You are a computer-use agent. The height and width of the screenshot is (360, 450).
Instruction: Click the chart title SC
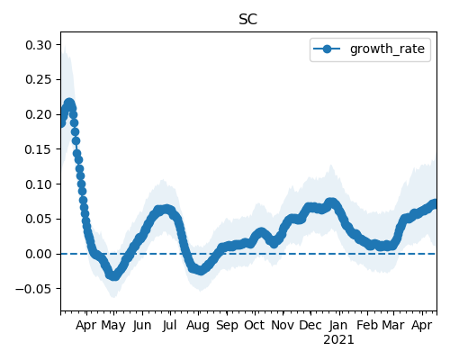248,20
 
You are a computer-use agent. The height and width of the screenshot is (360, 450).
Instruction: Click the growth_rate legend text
387,49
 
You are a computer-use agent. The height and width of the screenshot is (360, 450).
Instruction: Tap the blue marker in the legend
327,49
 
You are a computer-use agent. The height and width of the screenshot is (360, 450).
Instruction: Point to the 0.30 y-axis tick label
39,45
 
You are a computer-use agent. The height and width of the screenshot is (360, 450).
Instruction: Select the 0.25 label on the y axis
39,80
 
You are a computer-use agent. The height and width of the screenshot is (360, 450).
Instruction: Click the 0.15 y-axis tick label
39,149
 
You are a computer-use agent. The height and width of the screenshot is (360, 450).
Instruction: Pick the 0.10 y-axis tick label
39,184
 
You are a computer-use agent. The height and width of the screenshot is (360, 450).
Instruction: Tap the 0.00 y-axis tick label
39,254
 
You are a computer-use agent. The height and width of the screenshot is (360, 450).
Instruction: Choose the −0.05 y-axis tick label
33,289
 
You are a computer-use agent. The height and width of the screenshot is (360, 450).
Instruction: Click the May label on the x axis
113,326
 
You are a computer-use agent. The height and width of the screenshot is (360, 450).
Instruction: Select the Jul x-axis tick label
169,325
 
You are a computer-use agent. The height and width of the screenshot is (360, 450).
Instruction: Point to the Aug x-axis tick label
198,326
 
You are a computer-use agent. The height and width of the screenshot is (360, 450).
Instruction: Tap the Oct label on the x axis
255,325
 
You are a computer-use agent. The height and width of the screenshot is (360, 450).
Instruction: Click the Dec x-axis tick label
310,325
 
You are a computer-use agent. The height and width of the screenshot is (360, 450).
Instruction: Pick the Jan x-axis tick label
338,325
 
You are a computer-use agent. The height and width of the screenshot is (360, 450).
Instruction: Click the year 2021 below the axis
338,340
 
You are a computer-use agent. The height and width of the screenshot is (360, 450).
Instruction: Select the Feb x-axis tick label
367,325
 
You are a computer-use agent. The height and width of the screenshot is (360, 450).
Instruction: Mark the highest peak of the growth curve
69,103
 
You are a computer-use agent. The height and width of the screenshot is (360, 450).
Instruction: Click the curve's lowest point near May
113,276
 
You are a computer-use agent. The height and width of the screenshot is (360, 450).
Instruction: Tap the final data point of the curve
435,203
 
